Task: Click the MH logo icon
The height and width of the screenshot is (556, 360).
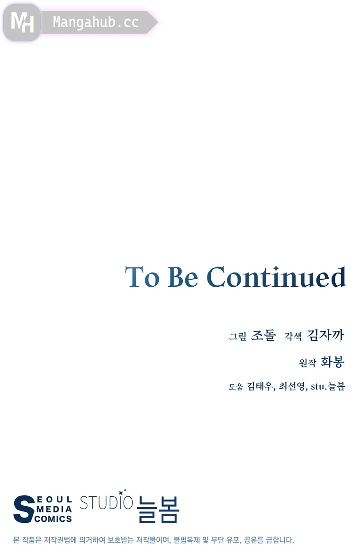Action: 22,22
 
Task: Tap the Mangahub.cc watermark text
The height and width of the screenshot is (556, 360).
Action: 96,22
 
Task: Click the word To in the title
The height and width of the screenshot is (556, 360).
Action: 142,277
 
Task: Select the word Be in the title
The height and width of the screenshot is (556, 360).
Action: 182,277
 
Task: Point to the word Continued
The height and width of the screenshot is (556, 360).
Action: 276,277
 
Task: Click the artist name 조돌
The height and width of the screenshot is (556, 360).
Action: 263,335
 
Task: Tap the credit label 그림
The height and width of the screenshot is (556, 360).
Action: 237,336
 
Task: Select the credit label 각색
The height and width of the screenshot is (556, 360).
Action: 293,336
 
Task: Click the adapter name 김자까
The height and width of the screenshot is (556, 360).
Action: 325,335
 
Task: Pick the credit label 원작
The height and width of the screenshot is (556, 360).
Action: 307,363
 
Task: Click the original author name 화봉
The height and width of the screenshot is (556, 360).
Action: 333,362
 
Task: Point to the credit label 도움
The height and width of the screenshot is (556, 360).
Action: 235,387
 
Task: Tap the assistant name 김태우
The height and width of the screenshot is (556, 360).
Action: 260,386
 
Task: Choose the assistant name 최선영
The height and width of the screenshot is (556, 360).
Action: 292,386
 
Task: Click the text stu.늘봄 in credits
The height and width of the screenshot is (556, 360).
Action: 328,386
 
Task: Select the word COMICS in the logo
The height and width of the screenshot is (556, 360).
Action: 54,519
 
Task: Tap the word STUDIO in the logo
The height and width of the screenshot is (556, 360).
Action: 106,502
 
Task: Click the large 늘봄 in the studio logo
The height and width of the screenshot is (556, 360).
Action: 158,509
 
